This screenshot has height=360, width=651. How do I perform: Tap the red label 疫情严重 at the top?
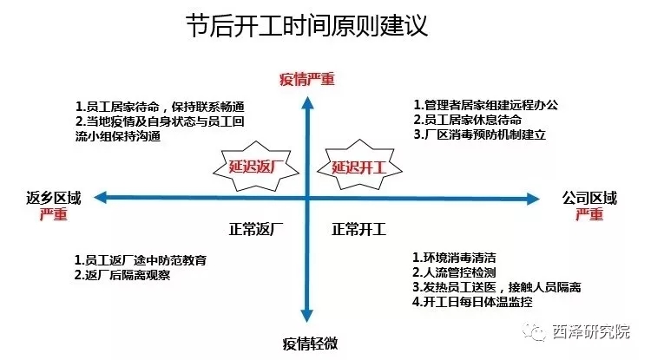coord(306,79)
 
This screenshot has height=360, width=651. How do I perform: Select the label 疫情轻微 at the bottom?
coord(309,342)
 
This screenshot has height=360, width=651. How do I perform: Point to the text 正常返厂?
coord(257,230)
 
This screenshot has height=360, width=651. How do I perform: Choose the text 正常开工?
coord(359,230)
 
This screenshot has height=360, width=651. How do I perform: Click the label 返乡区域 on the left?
coord(53,199)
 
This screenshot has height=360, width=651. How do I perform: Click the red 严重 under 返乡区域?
coord(53,215)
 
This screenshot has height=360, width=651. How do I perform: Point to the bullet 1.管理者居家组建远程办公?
coord(485,105)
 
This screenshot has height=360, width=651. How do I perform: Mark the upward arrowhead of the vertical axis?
coord(307,102)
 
